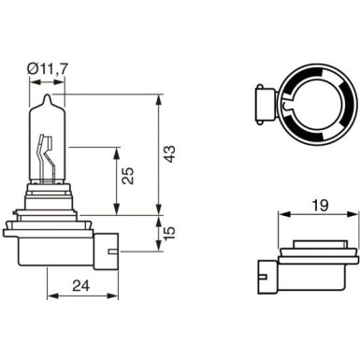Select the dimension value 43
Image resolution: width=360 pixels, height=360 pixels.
tap(169, 154)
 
